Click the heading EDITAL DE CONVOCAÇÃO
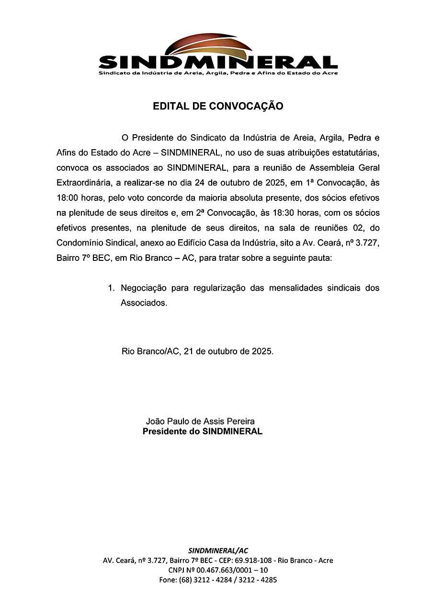pos(218,106)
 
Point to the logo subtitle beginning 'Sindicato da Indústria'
pos(218,73)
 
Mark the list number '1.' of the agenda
pos(112,288)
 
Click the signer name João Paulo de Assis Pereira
pos(200,422)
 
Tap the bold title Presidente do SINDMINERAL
pos(203,431)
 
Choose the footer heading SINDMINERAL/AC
pos(218,550)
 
